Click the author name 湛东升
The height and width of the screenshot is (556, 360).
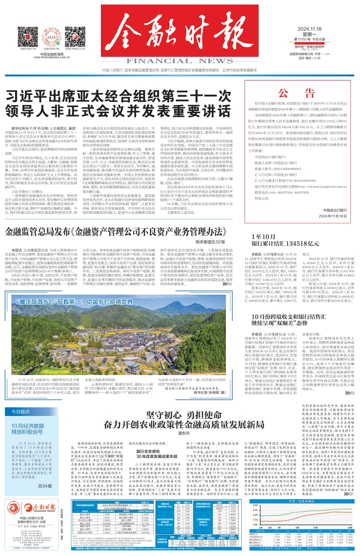[184, 433]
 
